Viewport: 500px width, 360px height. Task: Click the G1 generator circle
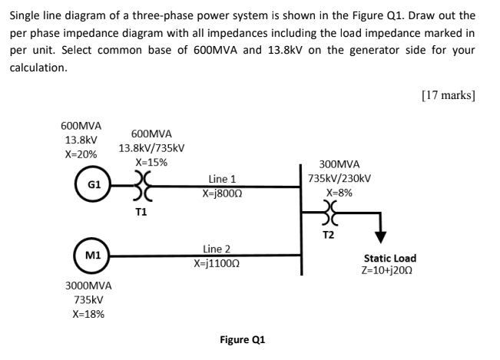[x=92, y=185]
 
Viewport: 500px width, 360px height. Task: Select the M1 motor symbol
[x=92, y=254]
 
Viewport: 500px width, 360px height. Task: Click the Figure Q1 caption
[x=242, y=339]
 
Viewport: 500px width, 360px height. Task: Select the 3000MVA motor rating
[x=89, y=286]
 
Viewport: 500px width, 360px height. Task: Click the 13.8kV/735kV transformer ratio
[x=151, y=147]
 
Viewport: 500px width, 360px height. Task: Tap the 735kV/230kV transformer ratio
[x=339, y=178]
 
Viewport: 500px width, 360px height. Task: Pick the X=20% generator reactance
[x=81, y=154]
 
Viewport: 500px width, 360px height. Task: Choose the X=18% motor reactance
[x=89, y=314]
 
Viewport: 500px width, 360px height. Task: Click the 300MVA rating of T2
[x=339, y=164]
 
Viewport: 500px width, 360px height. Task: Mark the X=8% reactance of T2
[x=339, y=192]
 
